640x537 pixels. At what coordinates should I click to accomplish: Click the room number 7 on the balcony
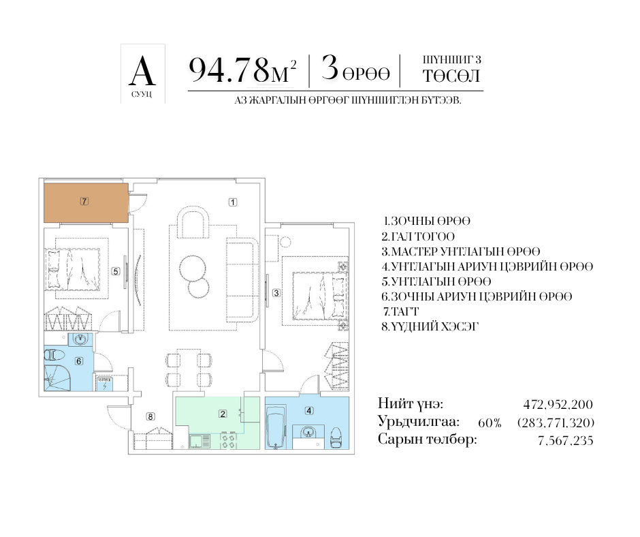click(84, 201)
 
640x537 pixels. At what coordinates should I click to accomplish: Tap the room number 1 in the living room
click(233, 202)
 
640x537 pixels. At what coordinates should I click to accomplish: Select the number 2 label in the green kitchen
click(223, 414)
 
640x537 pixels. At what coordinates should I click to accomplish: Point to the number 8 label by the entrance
click(150, 416)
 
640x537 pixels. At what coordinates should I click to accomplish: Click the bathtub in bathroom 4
click(276, 427)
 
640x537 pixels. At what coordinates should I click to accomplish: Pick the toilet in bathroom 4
click(336, 438)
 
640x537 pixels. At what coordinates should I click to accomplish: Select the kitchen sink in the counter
click(199, 442)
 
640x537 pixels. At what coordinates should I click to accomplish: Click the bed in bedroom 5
click(74, 269)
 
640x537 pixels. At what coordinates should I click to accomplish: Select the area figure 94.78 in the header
click(229, 70)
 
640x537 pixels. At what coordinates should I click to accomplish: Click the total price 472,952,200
click(558, 405)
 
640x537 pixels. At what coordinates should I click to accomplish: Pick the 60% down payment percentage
click(490, 423)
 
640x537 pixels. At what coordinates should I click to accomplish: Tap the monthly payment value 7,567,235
click(565, 440)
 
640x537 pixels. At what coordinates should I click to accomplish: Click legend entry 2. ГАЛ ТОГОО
click(418, 236)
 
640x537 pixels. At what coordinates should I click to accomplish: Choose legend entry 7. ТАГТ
click(401, 311)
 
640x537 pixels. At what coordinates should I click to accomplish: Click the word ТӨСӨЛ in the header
click(451, 76)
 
